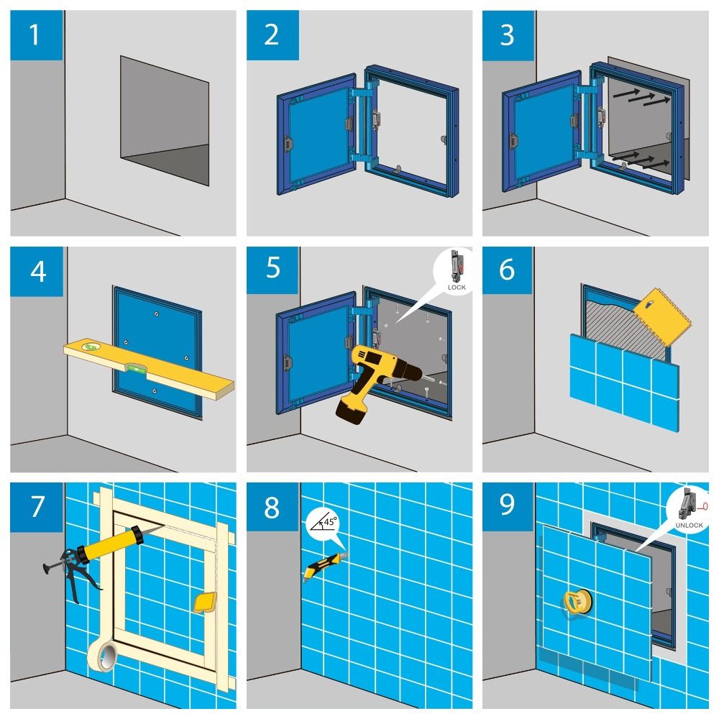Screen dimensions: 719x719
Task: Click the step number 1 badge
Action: pos(37,35)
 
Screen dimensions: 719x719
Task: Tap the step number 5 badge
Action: pos(273,270)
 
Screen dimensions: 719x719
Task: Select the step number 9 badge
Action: pos(508,506)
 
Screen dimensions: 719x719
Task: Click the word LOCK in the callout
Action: pos(457,288)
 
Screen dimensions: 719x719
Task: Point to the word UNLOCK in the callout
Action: pos(689,525)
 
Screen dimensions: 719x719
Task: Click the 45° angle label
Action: pos(330,522)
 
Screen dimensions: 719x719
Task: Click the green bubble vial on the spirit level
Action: pos(135,367)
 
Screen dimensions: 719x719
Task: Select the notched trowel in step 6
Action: pos(661,316)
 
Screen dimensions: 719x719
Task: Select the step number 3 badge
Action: pos(508,35)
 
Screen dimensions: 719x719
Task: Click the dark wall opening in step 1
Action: pos(165,121)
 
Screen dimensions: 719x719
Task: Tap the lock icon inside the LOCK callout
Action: pos(457,266)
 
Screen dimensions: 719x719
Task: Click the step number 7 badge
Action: pos(37,507)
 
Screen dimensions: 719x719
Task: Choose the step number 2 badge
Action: pos(273,35)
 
